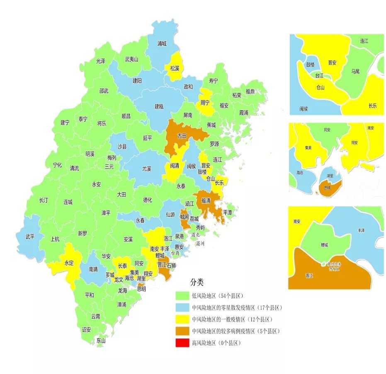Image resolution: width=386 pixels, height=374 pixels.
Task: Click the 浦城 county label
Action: (162, 43)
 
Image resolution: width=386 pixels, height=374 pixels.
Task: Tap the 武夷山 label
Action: (131, 59)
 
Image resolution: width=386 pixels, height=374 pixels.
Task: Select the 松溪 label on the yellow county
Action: (175, 68)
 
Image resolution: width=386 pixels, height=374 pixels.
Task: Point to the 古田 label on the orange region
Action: (182, 136)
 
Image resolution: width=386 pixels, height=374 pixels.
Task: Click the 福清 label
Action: (206, 200)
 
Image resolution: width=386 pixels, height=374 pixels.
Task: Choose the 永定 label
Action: (69, 263)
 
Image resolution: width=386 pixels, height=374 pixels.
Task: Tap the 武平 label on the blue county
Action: (30, 236)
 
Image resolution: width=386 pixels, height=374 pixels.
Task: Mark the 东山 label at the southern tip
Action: (101, 341)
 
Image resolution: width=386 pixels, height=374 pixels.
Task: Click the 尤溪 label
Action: (147, 169)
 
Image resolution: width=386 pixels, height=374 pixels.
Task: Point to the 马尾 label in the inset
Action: (355, 72)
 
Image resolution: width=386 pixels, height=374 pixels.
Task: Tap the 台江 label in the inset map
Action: (319, 76)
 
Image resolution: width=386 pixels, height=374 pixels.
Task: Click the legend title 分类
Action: (197, 282)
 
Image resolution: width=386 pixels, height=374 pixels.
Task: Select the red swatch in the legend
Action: (182, 343)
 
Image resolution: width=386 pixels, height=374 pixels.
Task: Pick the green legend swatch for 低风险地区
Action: (182, 296)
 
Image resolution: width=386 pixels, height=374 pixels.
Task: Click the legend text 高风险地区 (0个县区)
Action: (216, 343)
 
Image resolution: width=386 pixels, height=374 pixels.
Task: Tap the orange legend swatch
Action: (182, 331)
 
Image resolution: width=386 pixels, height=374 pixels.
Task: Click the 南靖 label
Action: (94, 269)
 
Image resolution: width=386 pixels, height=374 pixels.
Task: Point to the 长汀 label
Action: (44, 200)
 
